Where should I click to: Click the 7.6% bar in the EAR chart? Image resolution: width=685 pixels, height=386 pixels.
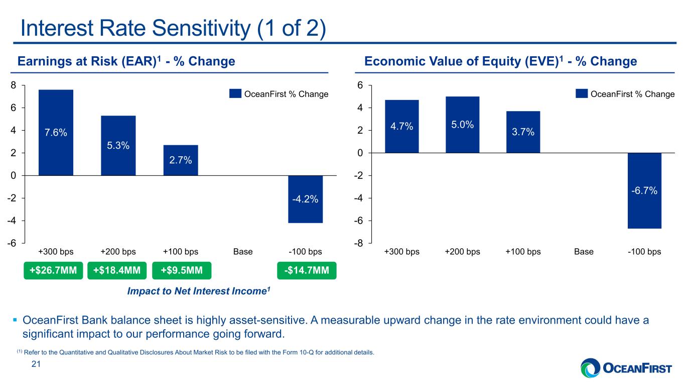tap(56, 132)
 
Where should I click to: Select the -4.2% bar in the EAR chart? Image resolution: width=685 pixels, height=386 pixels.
tap(306, 199)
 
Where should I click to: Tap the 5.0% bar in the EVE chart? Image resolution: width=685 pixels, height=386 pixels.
tap(462, 125)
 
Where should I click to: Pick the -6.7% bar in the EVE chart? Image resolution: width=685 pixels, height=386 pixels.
tap(645, 190)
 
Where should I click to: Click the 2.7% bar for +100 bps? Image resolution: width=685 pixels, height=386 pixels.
tap(181, 160)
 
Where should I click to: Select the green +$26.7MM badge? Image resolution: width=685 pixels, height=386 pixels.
tap(53, 270)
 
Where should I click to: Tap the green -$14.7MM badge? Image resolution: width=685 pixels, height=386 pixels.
tap(307, 270)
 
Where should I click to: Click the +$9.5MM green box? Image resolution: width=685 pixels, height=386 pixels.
tap(182, 270)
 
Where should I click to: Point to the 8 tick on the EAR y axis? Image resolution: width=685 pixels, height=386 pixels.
tap(13, 85)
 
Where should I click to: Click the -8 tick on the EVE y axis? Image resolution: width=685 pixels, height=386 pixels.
tap(358, 244)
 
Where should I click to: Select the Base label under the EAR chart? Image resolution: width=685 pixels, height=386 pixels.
tap(243, 252)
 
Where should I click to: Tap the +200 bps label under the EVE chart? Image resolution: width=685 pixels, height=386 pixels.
tap(462, 252)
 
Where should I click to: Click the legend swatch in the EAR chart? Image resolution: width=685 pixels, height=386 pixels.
tap(235, 93)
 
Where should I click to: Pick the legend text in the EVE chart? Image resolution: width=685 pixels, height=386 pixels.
tap(632, 94)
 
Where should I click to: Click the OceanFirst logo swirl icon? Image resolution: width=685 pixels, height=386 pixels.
tap(591, 368)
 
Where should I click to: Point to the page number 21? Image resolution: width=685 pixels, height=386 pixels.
tap(36, 364)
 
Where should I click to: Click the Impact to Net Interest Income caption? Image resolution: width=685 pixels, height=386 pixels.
tap(199, 291)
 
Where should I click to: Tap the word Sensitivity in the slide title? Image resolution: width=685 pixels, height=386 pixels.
tap(201, 29)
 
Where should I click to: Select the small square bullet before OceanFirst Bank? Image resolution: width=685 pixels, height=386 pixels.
tap(15, 320)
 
